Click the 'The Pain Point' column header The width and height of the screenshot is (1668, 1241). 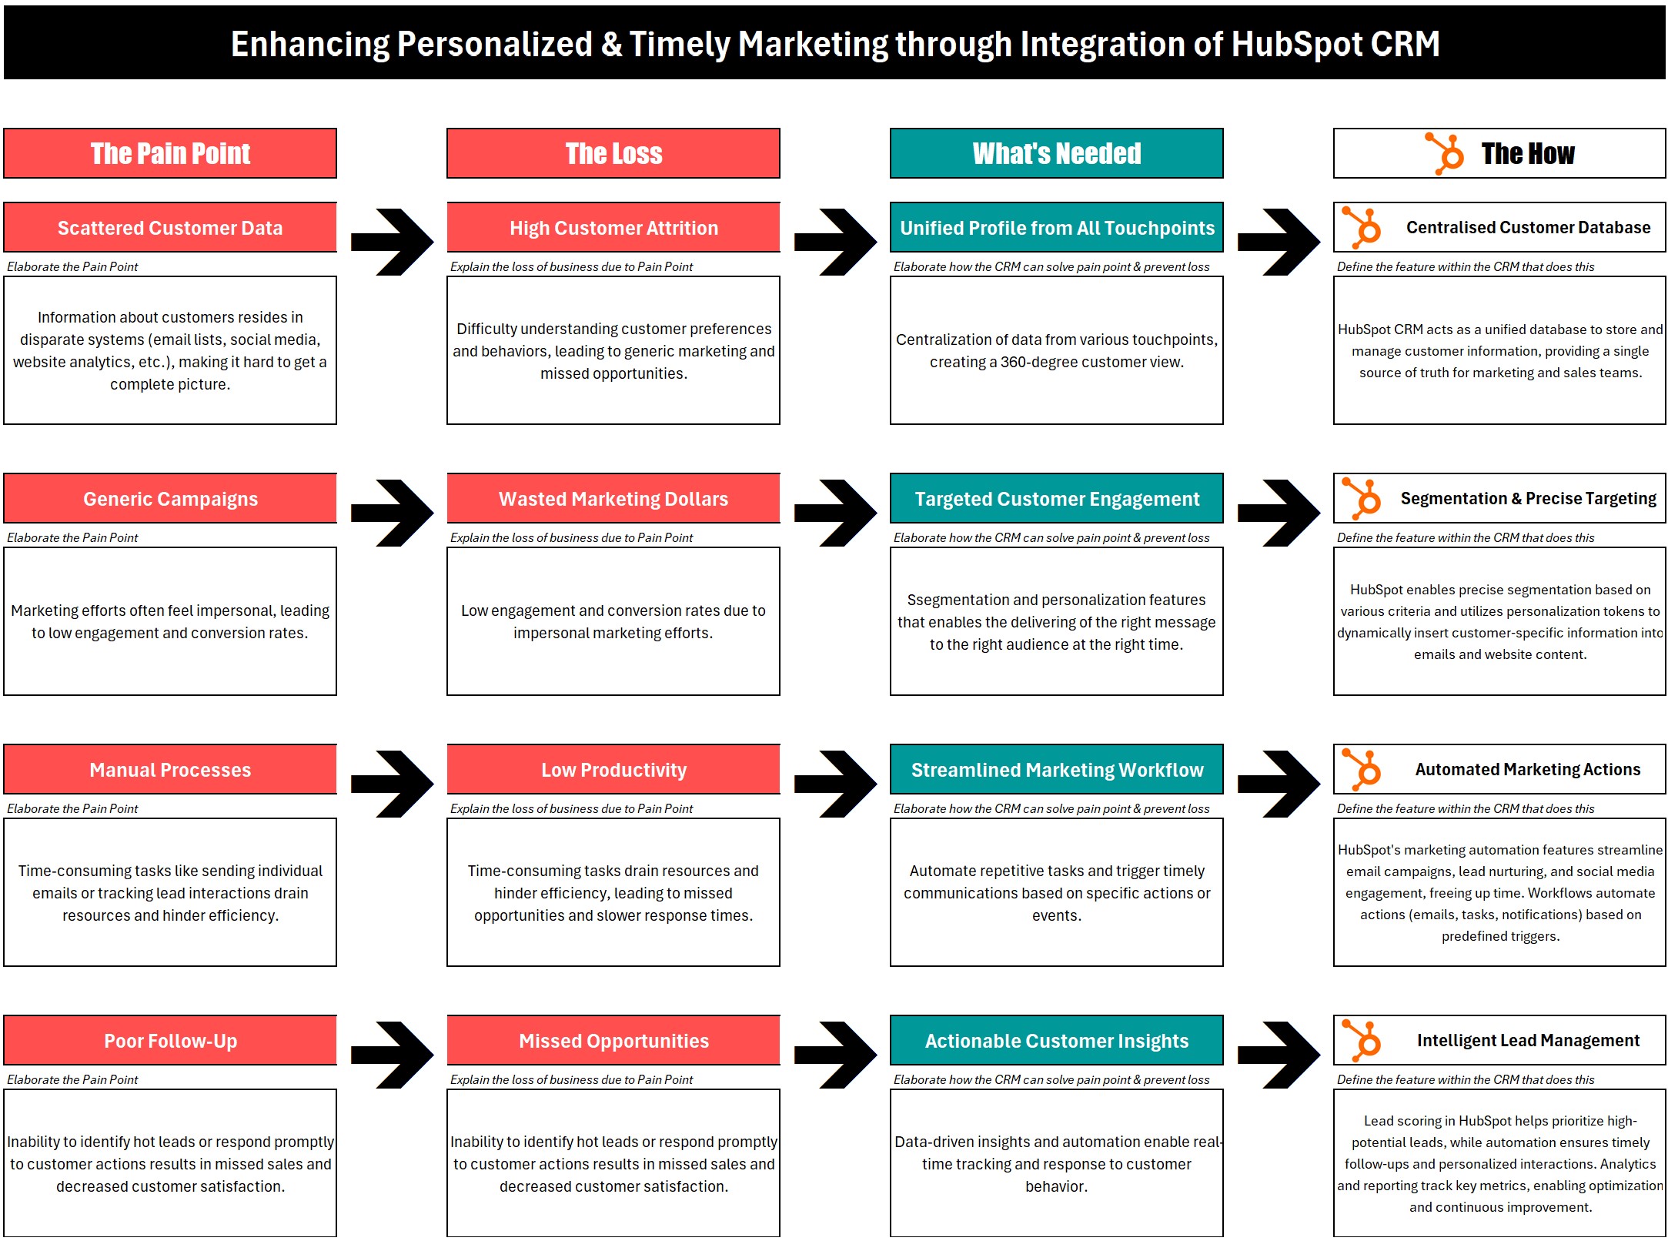tap(170, 153)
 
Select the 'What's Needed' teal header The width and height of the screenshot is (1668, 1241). tap(1056, 153)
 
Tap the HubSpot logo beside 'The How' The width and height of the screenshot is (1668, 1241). tap(1444, 153)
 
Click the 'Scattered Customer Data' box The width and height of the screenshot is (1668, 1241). tap(170, 228)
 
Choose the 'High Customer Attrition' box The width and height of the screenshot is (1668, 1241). tap(613, 228)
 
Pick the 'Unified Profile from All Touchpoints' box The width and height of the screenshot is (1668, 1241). tap(1056, 228)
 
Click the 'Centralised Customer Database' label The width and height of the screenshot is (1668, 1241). tap(1528, 228)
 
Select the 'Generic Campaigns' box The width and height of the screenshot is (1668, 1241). tap(170, 499)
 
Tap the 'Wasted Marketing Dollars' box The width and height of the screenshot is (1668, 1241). tap(613, 499)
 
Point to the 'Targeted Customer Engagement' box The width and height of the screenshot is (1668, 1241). tap(1056, 499)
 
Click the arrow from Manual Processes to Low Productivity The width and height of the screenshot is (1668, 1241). tap(393, 784)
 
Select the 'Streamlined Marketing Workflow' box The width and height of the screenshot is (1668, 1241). tap(1056, 770)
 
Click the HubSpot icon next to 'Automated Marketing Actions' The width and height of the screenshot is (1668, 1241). tap(1362, 769)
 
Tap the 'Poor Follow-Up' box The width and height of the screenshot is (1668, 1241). tap(170, 1041)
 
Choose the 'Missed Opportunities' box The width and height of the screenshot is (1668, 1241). tap(613, 1041)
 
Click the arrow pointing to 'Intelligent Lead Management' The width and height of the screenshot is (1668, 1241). tap(1279, 1055)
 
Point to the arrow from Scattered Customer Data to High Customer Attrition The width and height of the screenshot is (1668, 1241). tap(393, 242)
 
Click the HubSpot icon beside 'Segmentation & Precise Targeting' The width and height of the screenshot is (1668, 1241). tap(1362, 498)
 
